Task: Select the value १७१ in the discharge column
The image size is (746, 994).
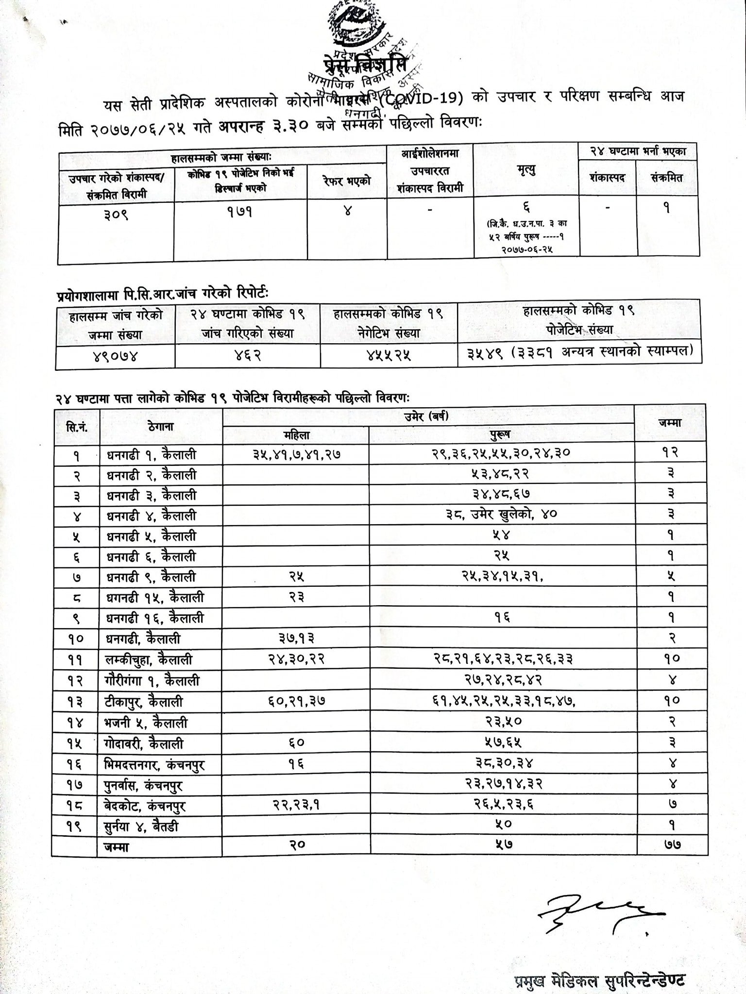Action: point(240,212)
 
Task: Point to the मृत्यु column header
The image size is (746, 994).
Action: point(526,170)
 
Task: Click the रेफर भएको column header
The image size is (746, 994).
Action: point(347,180)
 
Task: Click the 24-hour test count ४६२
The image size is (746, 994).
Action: point(247,356)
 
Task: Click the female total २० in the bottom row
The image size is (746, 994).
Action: point(296,845)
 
